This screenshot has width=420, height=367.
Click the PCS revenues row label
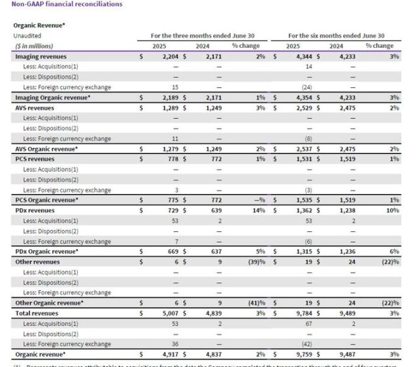click(x=35, y=159)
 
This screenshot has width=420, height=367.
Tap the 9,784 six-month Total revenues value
click(x=303, y=313)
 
